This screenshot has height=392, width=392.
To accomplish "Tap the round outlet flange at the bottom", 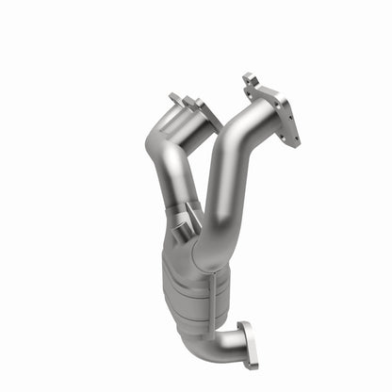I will (x=249, y=345).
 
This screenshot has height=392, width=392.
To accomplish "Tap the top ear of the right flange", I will (x=249, y=78).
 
